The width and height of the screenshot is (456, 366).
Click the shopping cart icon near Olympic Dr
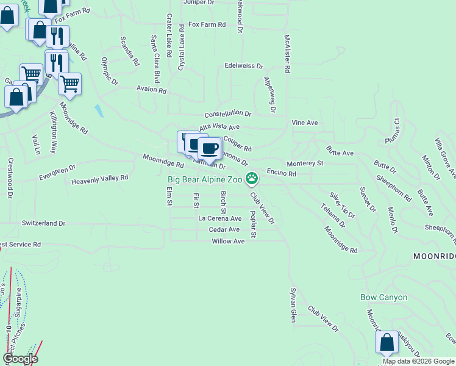(70, 83)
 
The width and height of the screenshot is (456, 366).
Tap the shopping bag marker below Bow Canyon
(387, 343)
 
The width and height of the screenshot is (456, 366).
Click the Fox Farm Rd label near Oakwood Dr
(207, 25)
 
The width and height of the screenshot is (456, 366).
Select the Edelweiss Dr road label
(243, 66)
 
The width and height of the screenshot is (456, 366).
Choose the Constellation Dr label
(228, 114)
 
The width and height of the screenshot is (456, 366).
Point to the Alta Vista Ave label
(219, 126)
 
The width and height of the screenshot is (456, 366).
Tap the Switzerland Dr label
(43, 223)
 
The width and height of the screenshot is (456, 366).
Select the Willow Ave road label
(228, 242)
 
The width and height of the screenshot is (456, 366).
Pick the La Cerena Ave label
(220, 218)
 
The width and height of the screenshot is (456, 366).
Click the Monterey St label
(304, 163)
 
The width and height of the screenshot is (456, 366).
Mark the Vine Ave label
(305, 123)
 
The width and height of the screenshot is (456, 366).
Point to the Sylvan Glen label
(293, 304)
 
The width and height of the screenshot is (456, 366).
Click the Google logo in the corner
(21, 359)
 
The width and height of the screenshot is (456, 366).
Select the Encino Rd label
(282, 174)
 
